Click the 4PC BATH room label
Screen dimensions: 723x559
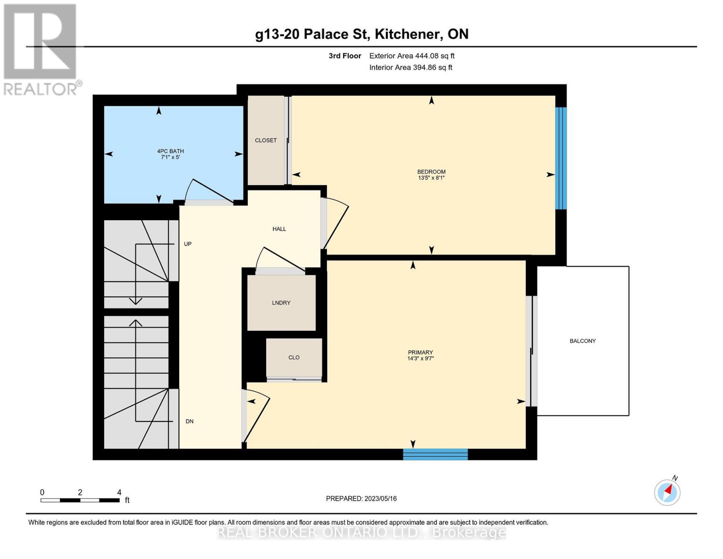(170, 151)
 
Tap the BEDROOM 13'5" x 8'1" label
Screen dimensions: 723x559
(431, 175)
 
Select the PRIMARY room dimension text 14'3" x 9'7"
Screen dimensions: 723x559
(420, 359)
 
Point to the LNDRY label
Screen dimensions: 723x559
(281, 303)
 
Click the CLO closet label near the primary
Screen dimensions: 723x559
(294, 357)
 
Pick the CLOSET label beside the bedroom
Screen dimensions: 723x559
(266, 140)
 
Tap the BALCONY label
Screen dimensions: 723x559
(582, 341)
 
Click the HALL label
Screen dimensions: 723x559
(279, 229)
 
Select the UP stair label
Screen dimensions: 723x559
(188, 244)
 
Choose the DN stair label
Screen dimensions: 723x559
(189, 422)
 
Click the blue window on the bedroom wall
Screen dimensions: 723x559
(561, 158)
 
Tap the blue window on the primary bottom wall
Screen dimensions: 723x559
(435, 455)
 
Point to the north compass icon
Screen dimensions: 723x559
(667, 492)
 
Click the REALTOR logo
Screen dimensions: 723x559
(41, 50)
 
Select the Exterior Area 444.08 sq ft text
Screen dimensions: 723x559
(412, 55)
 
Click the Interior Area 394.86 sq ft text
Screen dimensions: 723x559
(411, 67)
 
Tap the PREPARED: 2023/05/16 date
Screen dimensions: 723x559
(361, 498)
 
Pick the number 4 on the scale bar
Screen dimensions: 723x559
(119, 492)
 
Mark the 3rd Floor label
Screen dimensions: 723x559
(345, 55)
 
